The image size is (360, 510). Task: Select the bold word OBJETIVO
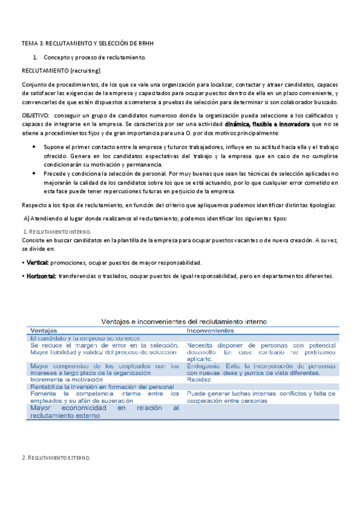coord(37,114)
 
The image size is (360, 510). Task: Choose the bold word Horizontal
coord(39,275)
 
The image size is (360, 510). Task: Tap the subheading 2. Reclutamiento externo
coord(56,458)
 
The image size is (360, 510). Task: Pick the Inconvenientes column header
coord(210,331)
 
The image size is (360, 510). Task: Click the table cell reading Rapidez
coord(199,380)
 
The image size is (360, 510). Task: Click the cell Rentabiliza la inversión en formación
coord(102,387)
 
